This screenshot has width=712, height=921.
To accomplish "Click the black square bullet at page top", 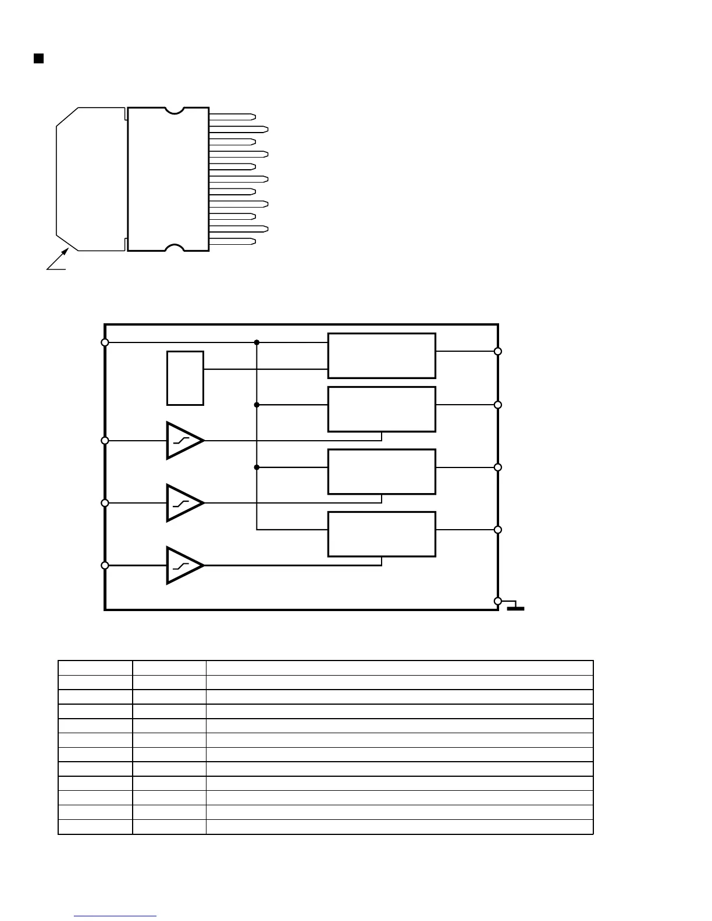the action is pyautogui.click(x=38, y=58).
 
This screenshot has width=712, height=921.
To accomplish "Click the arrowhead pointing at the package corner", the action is pyautogui.click(x=66, y=252).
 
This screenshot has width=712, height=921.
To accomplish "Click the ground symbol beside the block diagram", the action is pyautogui.click(x=515, y=608).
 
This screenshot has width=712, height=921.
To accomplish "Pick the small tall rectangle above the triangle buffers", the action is pyautogui.click(x=185, y=378).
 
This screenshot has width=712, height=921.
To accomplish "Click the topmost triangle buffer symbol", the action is pyautogui.click(x=184, y=441).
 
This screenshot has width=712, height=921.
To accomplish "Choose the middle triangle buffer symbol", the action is pyautogui.click(x=184, y=503).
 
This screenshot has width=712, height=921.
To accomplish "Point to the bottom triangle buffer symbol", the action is pyautogui.click(x=184, y=565).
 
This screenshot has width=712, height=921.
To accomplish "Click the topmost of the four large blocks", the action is pyautogui.click(x=382, y=355).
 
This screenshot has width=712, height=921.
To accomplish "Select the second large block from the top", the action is pyautogui.click(x=382, y=409).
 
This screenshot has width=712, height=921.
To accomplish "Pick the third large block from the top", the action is pyautogui.click(x=382, y=472).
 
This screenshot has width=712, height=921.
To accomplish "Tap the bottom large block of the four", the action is pyautogui.click(x=382, y=534).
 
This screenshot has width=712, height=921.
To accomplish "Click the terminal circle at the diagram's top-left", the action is pyautogui.click(x=105, y=342).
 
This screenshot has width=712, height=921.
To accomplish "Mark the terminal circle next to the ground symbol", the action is pyautogui.click(x=498, y=601).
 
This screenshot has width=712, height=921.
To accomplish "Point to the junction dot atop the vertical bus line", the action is pyautogui.click(x=257, y=342).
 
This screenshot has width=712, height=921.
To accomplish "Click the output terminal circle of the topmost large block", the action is pyautogui.click(x=498, y=351).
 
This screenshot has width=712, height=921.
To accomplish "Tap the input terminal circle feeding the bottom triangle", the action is pyautogui.click(x=105, y=565).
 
